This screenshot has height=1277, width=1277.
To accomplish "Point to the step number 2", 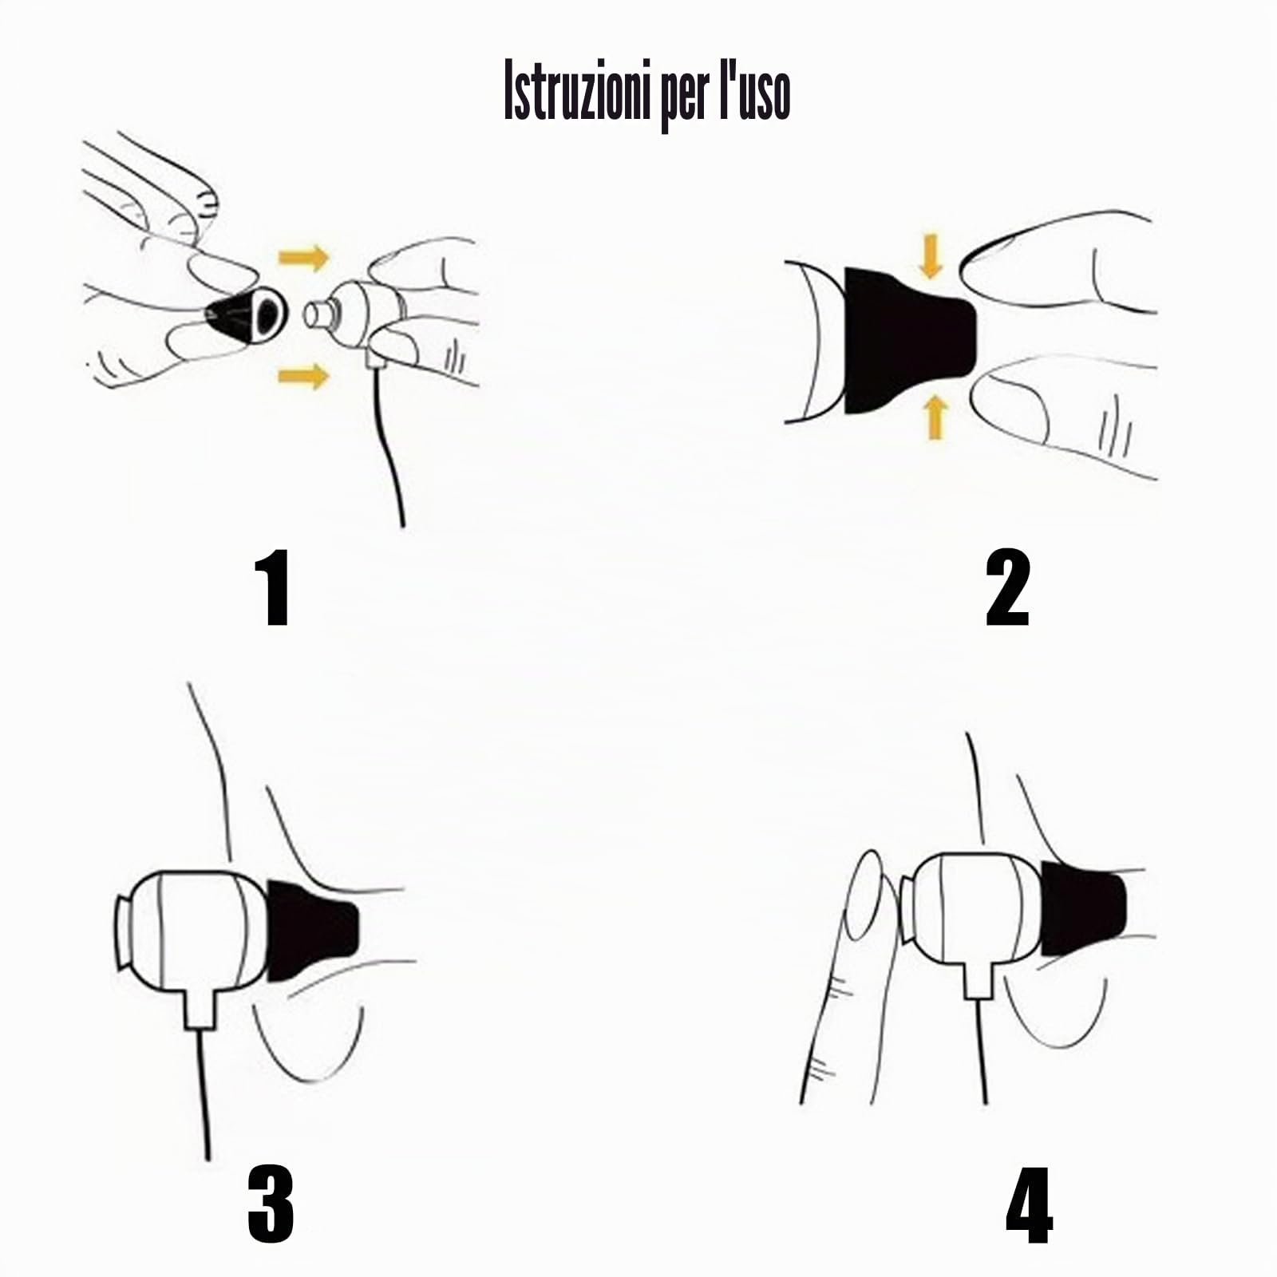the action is pos(1008,589).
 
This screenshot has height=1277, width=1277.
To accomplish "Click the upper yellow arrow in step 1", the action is pos(303,258).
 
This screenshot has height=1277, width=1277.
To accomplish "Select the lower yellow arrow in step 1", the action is pos(303,374).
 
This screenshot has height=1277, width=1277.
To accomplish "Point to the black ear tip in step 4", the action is pos(1082,908).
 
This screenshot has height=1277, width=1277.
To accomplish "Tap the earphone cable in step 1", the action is pos(391,447).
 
